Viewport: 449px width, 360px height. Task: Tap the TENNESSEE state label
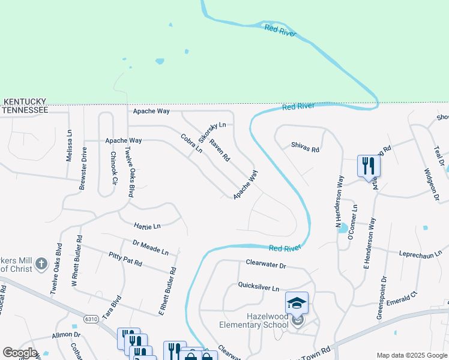[25, 110]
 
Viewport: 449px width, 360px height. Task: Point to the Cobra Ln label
[191, 144]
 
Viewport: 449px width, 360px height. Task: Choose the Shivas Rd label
[305, 146]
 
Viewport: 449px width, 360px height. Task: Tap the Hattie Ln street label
[148, 226]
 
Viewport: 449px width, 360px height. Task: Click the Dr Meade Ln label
[151, 247]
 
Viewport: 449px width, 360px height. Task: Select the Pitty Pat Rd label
[125, 259]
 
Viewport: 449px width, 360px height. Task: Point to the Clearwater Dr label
[266, 263]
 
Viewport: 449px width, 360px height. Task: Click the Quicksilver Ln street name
[259, 287]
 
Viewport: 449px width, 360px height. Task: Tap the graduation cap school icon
[297, 302]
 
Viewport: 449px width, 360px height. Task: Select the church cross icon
[40, 263]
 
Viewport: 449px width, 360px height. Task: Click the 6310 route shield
[91, 319]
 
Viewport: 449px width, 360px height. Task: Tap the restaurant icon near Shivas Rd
[368, 166]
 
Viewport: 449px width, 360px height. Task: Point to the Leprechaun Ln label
[420, 253]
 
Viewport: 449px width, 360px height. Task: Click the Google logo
[20, 353]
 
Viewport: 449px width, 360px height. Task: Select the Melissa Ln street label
[69, 149]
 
